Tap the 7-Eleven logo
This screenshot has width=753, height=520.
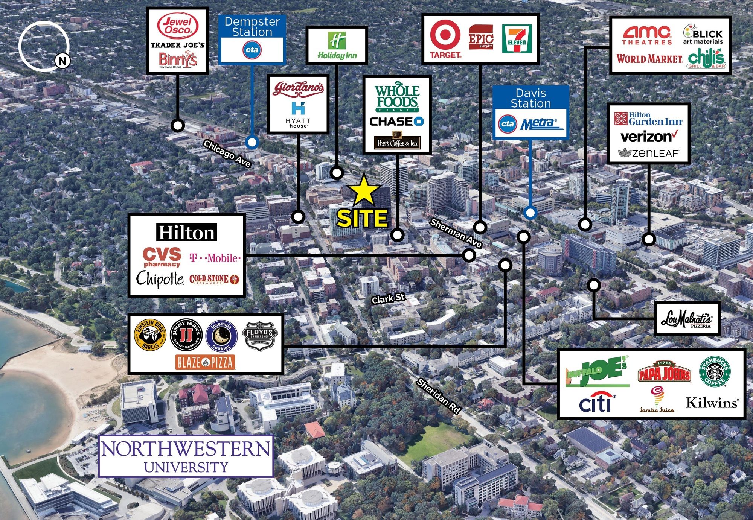tap(517, 39)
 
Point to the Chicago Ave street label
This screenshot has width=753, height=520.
tap(227, 154)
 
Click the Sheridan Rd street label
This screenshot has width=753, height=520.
tap(439, 396)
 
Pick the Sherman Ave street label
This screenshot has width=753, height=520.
tap(456, 233)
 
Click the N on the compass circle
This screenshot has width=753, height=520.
tap(62, 61)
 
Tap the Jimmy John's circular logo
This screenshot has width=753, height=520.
tap(186, 335)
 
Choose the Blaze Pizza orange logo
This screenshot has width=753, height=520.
tap(205, 362)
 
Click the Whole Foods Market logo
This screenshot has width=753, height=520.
tap(397, 97)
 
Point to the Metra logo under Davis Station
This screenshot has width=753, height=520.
tap(540, 123)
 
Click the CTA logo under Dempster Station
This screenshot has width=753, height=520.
tap(252, 50)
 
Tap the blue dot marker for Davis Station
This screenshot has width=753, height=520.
tap(530, 213)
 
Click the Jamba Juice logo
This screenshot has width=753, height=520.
tap(657, 400)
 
